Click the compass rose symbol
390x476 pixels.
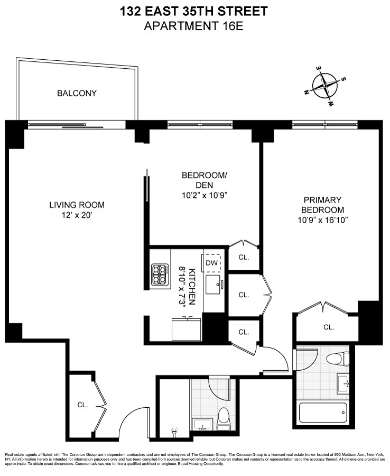click(x=326, y=85)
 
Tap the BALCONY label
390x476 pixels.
click(x=77, y=94)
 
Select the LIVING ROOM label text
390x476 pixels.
click(x=77, y=205)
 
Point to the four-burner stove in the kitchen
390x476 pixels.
click(x=160, y=275)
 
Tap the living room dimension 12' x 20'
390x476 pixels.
click(x=77, y=215)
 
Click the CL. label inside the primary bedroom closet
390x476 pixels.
click(x=329, y=327)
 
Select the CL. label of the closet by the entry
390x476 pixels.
click(x=82, y=405)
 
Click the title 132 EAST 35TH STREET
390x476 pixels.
click(x=194, y=11)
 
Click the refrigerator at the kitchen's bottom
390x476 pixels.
click(x=185, y=329)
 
